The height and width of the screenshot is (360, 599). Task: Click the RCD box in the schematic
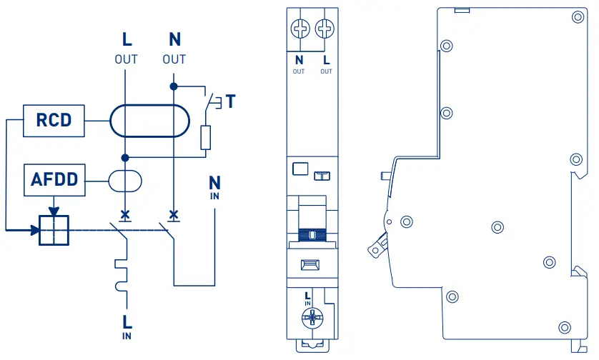(54, 119)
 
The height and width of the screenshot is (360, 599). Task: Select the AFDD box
(54, 179)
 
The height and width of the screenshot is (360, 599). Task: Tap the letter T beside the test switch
(230, 101)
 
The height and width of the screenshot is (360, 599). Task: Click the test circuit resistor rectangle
(206, 137)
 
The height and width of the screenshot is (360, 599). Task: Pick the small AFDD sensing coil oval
(125, 180)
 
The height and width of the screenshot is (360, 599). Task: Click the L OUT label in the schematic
(126, 49)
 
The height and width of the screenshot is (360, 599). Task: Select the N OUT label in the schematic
(174, 49)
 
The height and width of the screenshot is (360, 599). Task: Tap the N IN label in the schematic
(215, 186)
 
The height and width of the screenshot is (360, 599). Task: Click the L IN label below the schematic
(127, 326)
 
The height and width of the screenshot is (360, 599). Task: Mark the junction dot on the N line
(174, 86)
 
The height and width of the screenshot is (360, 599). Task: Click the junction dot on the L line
(125, 157)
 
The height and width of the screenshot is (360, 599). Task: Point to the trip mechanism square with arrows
(54, 230)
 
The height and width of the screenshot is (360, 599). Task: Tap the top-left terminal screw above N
(299, 29)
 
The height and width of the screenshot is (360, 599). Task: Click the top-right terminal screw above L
(325, 29)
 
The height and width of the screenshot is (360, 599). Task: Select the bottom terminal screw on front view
(312, 319)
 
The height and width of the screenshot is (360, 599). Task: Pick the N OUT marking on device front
(299, 64)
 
